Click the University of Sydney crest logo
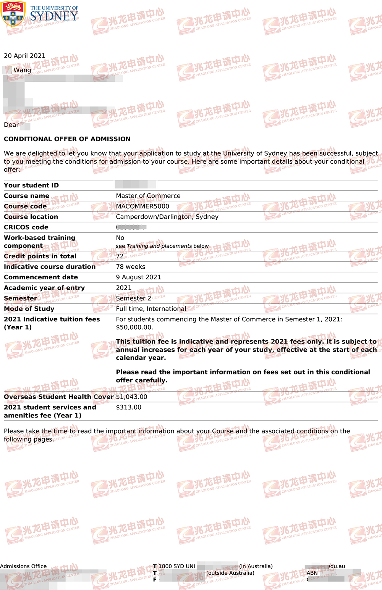13,13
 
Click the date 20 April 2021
24,56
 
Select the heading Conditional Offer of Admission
67,139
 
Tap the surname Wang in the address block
22,70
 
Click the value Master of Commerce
148,196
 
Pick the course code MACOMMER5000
142,206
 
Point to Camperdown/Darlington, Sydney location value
167,217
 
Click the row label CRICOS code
26,227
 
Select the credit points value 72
120,256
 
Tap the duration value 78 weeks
130,267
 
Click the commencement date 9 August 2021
138,277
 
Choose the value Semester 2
133,298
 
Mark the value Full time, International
151,309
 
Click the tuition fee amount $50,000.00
134,327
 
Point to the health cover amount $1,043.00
131,397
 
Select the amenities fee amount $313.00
128,407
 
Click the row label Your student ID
31,185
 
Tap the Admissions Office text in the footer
23,566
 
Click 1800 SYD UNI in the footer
176,566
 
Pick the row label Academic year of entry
44,288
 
